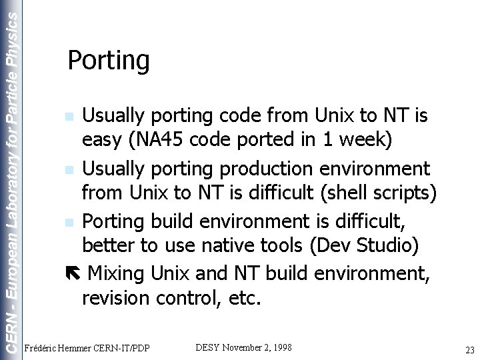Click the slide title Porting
(109, 61)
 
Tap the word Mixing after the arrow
(116, 272)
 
